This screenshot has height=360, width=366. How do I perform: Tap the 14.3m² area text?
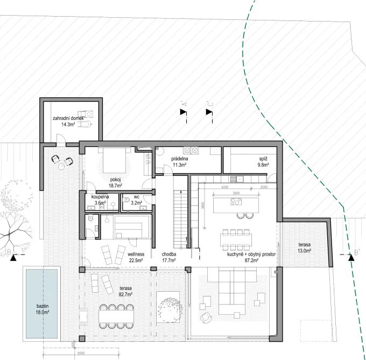[68, 124]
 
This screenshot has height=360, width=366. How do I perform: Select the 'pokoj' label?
[115, 179]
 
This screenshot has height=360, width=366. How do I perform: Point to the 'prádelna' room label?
[179, 159]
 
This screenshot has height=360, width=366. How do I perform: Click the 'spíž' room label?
[263, 159]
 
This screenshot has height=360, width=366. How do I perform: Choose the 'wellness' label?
[137, 253]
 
